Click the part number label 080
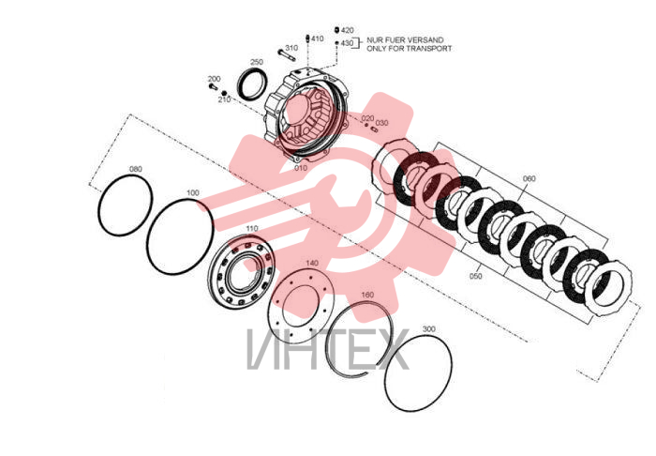[x=136, y=169]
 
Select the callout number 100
[x=193, y=193]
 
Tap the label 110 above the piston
[x=252, y=229]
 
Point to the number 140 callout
[x=312, y=263]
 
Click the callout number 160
[x=367, y=295]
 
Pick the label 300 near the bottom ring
[x=429, y=329]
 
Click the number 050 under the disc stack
[x=476, y=276]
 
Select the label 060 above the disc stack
[x=529, y=179]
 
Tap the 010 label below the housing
[x=301, y=168]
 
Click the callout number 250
[x=257, y=62]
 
